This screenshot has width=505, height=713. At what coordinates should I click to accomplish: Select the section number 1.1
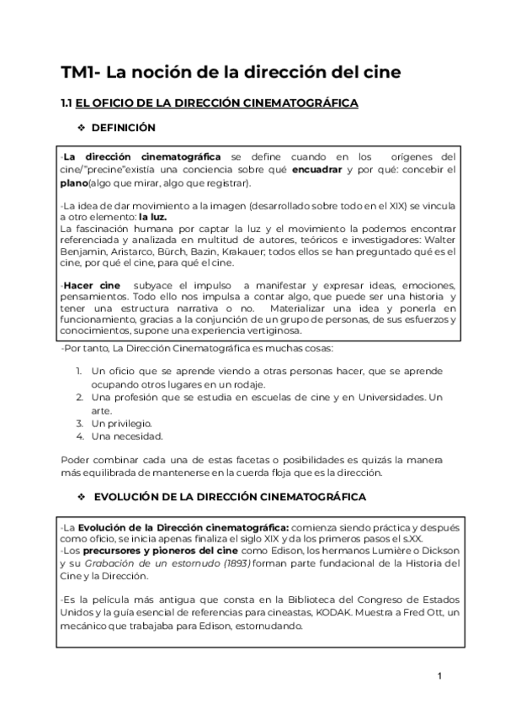tap(67, 103)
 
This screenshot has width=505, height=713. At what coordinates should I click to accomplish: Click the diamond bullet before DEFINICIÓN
tap(82, 128)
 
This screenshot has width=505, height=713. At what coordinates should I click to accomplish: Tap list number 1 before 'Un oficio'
tap(78, 371)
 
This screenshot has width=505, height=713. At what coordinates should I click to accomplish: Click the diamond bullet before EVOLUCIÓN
tap(82, 497)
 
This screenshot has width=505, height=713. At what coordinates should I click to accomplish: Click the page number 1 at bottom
tap(439, 677)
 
